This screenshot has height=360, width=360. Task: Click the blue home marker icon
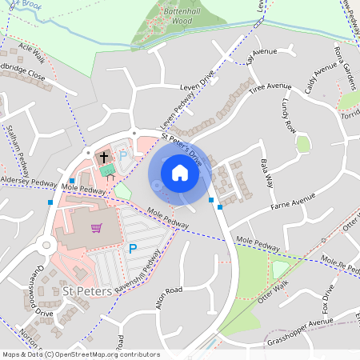(180, 172)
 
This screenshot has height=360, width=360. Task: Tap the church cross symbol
(105, 158)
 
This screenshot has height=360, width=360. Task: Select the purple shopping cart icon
(97, 228)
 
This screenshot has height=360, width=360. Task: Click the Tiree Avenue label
(270, 89)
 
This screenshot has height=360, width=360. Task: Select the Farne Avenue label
(294, 192)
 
